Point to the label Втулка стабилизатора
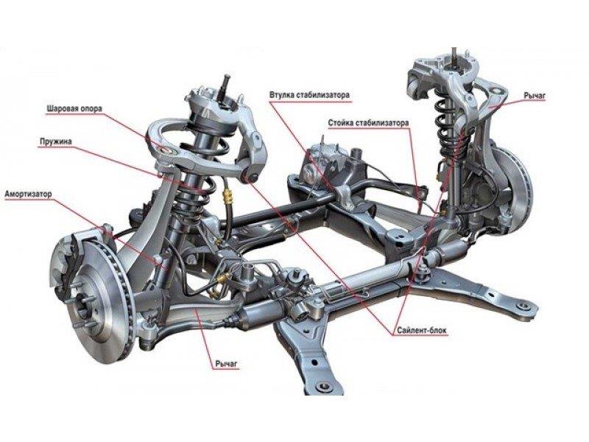click(x=309, y=95)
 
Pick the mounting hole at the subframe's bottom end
click(x=320, y=387)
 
